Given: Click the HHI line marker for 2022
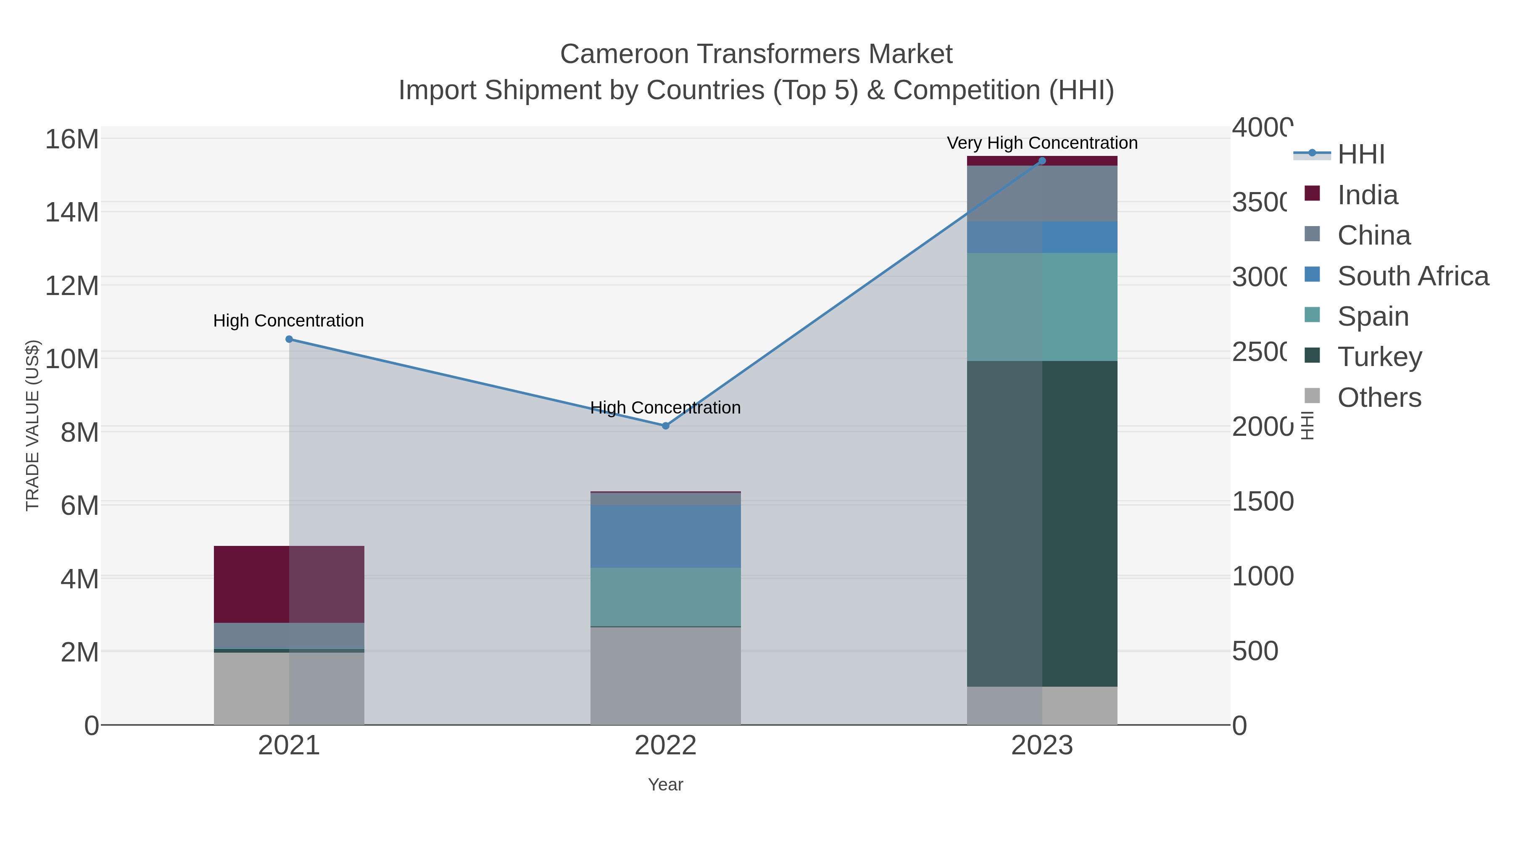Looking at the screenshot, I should coord(665,426).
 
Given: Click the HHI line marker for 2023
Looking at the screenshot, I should coord(1042,161).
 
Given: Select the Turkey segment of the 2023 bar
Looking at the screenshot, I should coord(1042,523).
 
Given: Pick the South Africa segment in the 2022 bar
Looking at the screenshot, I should coord(665,536).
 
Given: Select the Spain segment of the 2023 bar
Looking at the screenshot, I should coord(1042,307).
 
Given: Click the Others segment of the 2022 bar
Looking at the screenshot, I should coord(665,675).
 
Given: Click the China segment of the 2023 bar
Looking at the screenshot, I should coord(1042,194).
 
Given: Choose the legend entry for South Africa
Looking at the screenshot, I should coord(1413,276).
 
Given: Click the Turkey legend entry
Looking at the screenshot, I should coord(1379,356).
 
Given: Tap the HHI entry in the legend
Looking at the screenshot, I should coord(1360,155).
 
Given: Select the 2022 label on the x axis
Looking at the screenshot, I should coord(665,745).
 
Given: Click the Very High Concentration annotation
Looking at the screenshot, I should coord(1042,143).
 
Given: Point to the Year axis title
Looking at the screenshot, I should coord(665,785).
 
